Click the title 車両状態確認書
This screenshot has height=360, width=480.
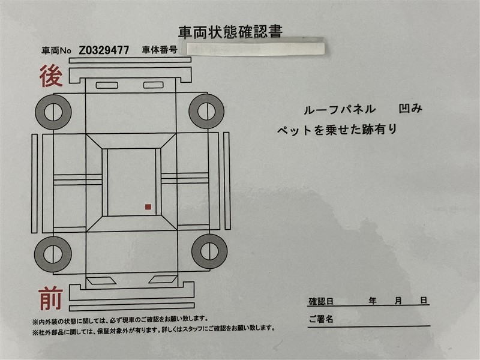tap(230, 32)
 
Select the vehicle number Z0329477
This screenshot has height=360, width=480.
tap(104, 50)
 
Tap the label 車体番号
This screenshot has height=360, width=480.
tap(160, 50)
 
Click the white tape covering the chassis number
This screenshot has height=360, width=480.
tap(256, 49)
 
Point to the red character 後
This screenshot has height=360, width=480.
tap(51, 76)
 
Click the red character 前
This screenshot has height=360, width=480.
tap(51, 298)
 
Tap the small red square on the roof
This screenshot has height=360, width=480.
tap(148, 207)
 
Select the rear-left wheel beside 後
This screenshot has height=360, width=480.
tap(53, 112)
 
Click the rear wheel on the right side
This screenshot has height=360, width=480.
tap(206, 111)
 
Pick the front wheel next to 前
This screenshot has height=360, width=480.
tap(53, 254)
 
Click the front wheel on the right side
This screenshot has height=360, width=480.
tap(209, 251)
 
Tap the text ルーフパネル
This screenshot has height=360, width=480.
tap(340, 110)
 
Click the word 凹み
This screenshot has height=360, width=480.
tap(410, 109)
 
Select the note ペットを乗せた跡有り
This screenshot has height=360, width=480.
tap(337, 130)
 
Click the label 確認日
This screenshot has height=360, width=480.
tap(321, 302)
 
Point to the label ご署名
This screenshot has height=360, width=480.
tap(321, 319)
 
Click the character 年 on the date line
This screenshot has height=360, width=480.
tap(373, 301)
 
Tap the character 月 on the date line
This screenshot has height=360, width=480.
tap(398, 301)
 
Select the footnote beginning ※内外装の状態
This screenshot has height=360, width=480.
tap(121, 320)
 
